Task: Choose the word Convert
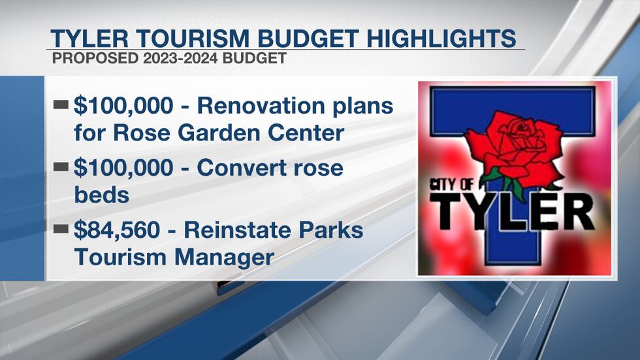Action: (241, 167)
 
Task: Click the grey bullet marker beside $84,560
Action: (62, 229)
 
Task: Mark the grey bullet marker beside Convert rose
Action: (62, 167)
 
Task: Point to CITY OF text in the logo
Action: (454, 184)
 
